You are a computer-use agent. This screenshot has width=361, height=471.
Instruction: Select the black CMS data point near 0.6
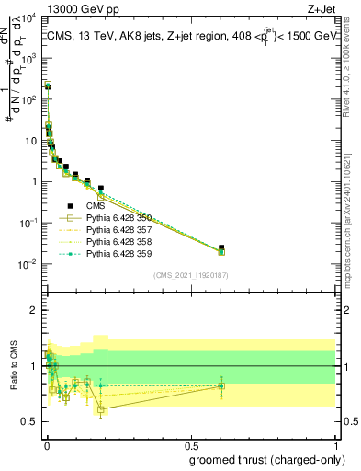pos(221,247)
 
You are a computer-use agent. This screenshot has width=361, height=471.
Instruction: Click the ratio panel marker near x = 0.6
pos(221,385)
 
